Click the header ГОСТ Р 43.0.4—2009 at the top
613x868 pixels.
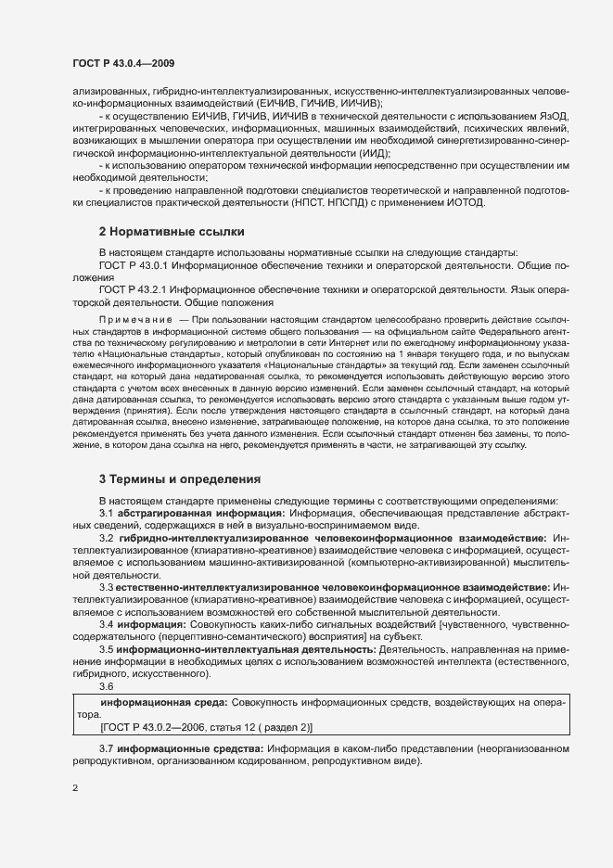pos(123,63)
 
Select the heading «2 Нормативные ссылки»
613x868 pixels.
pos(172,231)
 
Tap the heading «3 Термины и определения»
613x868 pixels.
pos(180,479)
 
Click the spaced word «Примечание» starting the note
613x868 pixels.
pos(135,319)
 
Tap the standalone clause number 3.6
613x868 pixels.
pos(106,687)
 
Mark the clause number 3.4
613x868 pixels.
pos(106,624)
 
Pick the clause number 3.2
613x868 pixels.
pos(106,538)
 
